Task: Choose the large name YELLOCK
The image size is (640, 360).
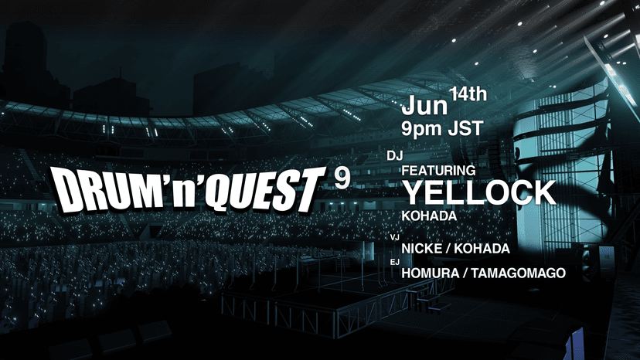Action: click(479, 192)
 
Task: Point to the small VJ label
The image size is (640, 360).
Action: click(393, 239)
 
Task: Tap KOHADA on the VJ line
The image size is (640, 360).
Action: click(484, 249)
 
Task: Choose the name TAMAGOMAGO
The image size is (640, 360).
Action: click(522, 273)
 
